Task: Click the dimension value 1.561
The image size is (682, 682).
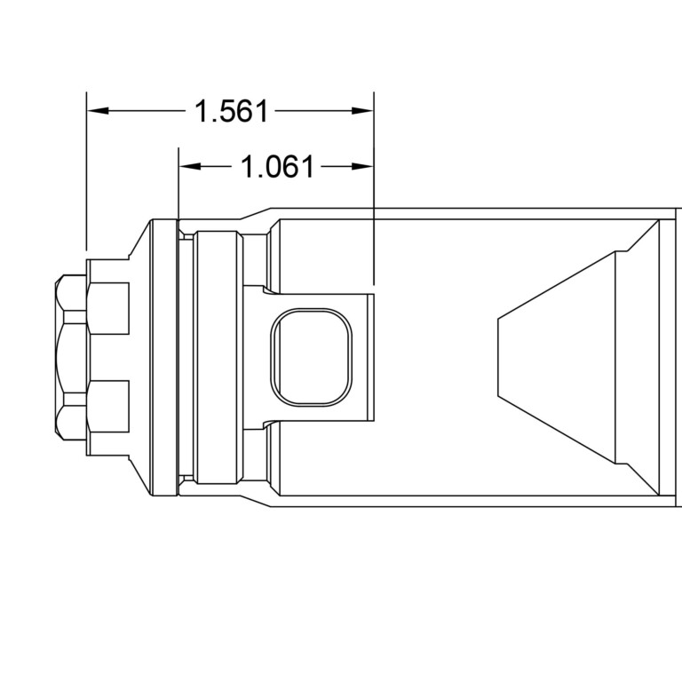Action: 230,112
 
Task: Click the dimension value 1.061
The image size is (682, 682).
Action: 277,167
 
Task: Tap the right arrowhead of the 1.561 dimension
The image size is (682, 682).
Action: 361,111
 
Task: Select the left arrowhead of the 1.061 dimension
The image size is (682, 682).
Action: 189,166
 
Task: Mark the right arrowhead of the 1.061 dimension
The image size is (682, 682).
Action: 361,166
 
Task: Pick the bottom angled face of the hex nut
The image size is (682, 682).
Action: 71,417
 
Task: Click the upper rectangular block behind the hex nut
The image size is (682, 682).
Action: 108,309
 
